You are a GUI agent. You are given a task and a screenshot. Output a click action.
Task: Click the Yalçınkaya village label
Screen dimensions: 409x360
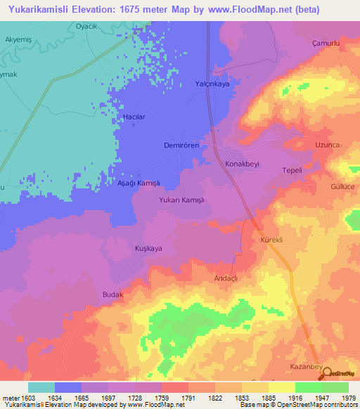click(x=212, y=84)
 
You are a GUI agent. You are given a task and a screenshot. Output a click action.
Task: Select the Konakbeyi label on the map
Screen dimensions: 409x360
click(x=242, y=164)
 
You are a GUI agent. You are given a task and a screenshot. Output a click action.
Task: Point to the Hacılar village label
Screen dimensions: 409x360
click(x=134, y=117)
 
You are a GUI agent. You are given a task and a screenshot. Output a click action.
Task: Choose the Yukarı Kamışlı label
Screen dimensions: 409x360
click(x=182, y=200)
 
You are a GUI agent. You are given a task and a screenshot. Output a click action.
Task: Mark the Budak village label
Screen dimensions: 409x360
click(x=112, y=294)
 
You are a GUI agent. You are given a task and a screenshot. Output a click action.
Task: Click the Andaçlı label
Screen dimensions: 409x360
click(x=226, y=278)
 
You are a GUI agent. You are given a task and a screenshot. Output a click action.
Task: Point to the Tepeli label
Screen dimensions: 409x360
click(x=292, y=171)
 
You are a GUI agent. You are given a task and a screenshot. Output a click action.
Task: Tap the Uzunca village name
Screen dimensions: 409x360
click(x=328, y=144)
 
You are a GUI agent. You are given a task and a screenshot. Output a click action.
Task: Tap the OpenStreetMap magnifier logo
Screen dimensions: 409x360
click(x=327, y=375)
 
